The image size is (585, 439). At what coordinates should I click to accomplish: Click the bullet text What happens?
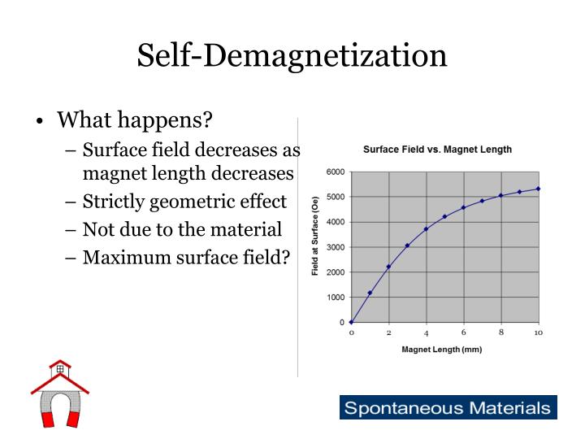tap(133, 120)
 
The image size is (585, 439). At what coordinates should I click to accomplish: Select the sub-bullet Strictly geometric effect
tap(184, 202)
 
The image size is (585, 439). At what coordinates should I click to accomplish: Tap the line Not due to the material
tap(182, 229)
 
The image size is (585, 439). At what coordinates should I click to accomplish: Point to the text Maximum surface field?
tap(186, 257)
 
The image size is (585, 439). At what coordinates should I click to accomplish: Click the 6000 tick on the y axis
tap(335, 172)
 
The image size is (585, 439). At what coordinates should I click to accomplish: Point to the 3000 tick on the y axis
tap(335, 247)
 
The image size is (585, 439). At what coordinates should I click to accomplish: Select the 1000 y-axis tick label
tap(335, 298)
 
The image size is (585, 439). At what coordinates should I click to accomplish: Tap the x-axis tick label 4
tap(426, 333)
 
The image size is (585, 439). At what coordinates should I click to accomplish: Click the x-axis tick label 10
tap(538, 333)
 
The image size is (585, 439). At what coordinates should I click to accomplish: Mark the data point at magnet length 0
tap(351, 322)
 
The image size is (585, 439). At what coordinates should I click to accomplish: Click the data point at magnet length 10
tap(538, 189)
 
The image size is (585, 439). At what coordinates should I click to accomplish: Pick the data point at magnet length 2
tap(388, 267)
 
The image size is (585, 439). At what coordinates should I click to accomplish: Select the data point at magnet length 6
tap(463, 207)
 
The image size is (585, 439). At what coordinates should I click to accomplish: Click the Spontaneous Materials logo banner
tap(448, 407)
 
